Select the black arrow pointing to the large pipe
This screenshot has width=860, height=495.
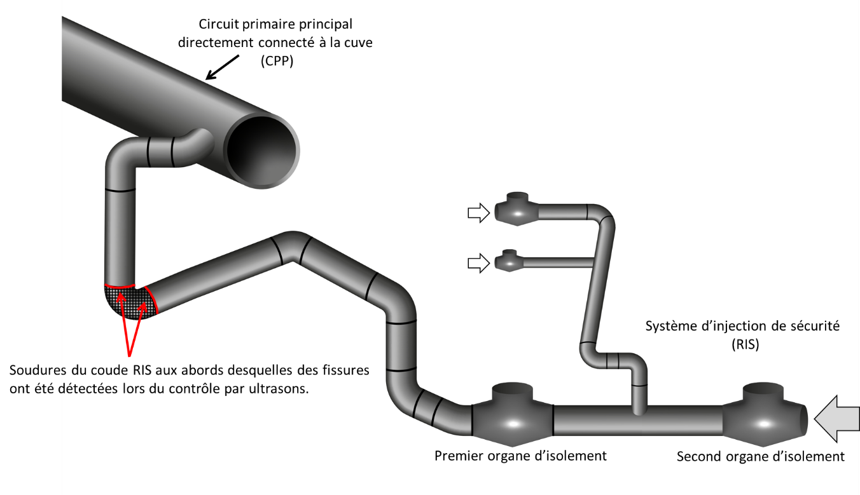pos(223,67)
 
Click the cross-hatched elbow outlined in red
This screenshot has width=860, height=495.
pos(130,302)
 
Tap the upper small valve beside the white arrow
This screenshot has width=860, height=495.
pos(517,210)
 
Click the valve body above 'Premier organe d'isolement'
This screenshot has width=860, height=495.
pos(513,417)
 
